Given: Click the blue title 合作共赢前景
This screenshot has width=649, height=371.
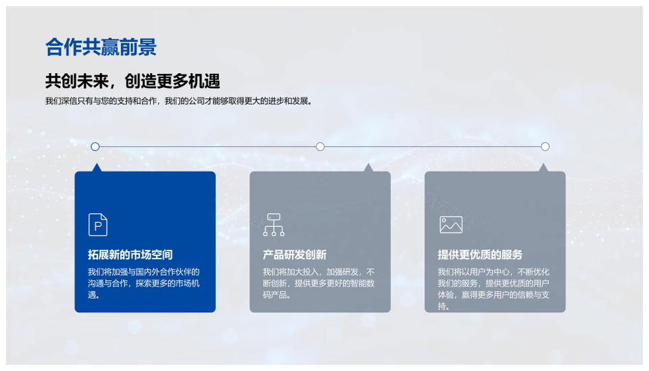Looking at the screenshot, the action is point(101,47).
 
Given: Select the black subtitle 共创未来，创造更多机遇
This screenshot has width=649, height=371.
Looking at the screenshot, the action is point(133,81).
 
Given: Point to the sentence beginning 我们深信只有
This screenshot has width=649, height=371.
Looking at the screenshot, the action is point(178,101).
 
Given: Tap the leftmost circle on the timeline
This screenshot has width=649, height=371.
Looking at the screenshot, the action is point(95,146).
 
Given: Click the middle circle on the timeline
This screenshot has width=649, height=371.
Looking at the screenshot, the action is point(320,146).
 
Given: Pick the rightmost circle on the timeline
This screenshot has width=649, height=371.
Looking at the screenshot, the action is point(545,146).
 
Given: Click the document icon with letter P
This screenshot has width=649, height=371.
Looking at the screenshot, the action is point(97,225).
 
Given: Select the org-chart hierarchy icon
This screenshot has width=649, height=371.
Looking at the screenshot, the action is point(274,225).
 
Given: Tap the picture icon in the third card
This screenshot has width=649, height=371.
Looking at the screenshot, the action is point(451,225).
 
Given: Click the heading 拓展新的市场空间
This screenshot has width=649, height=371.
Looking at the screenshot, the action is point(130,255).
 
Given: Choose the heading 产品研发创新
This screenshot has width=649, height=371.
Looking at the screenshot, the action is point(295,255).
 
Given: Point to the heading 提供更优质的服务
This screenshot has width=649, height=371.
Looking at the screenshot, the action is point(480,255).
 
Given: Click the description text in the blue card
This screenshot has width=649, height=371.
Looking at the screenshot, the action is point(143,284).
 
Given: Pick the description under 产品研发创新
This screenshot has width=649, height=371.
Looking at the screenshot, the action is point(318,284).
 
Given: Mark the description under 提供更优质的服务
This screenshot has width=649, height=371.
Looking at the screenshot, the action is point(494,289).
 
